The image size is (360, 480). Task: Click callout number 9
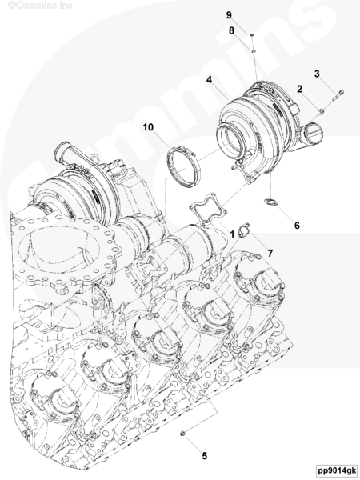pos(229,15)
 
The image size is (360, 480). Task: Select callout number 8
pos(231,30)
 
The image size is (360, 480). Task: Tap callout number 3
pos(317,74)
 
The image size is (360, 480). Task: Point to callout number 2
pos(299,89)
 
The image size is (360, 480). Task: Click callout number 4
pos(209,80)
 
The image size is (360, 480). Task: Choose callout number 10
pos(148,127)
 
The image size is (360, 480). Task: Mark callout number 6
pos(297,226)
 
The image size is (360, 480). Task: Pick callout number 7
pos(270,254)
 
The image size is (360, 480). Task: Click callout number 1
pos(232,234)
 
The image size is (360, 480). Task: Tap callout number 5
pos(205,456)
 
